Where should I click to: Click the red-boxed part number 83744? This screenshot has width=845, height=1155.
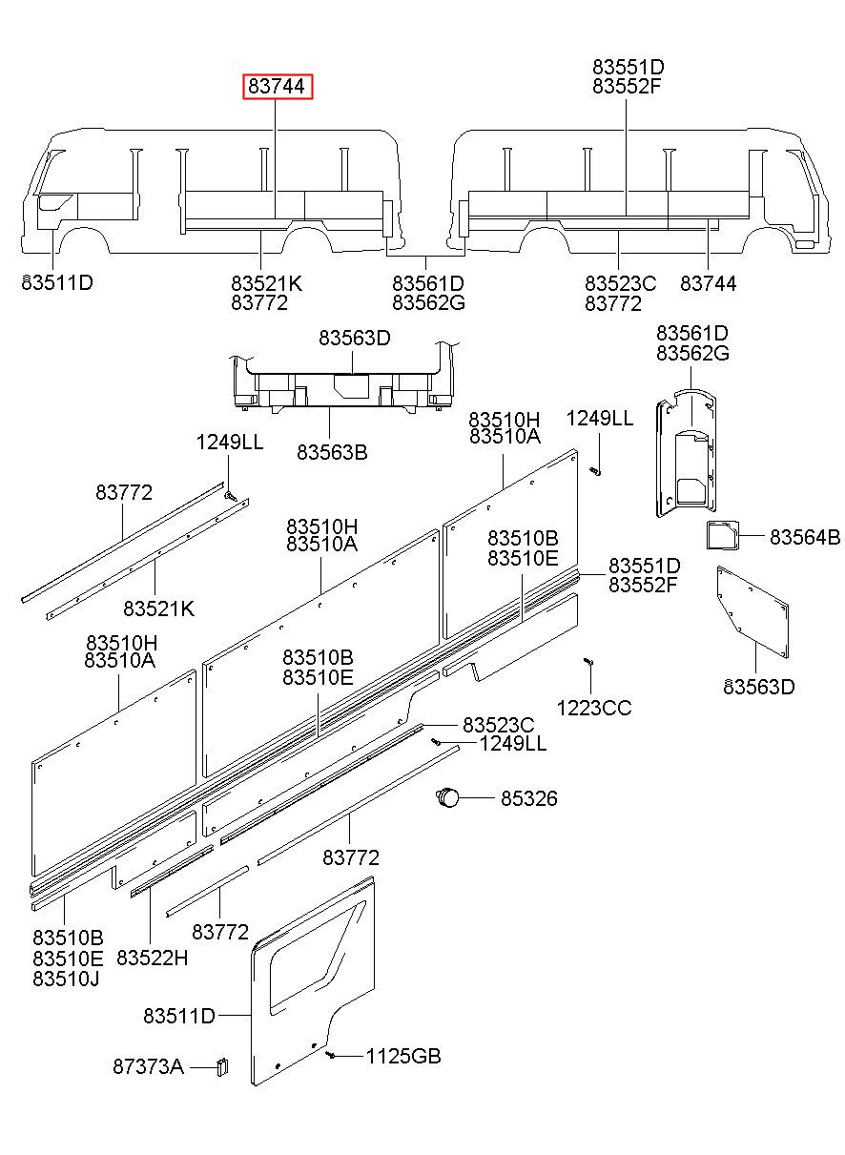point(277,87)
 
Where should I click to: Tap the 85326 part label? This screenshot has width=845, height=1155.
point(529,798)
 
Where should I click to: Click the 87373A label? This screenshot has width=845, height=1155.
point(148,1066)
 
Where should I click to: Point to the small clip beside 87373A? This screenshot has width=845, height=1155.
point(221,1065)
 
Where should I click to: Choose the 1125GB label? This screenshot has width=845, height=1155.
point(403,1056)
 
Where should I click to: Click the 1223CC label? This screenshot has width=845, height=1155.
point(594,708)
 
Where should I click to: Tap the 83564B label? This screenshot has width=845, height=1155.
point(805,538)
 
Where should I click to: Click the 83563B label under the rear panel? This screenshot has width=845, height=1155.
point(331,452)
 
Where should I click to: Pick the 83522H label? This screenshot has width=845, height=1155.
point(153,957)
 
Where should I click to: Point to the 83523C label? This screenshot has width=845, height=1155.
point(499,725)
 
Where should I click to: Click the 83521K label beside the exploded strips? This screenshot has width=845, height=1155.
point(158,608)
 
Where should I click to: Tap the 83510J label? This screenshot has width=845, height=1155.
point(68,979)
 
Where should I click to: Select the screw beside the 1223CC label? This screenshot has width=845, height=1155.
point(587,661)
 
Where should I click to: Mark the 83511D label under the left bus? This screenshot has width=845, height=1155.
point(57,282)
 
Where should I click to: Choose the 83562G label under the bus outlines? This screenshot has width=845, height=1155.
point(428,302)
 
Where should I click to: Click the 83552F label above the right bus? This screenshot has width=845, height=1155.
point(628,86)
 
